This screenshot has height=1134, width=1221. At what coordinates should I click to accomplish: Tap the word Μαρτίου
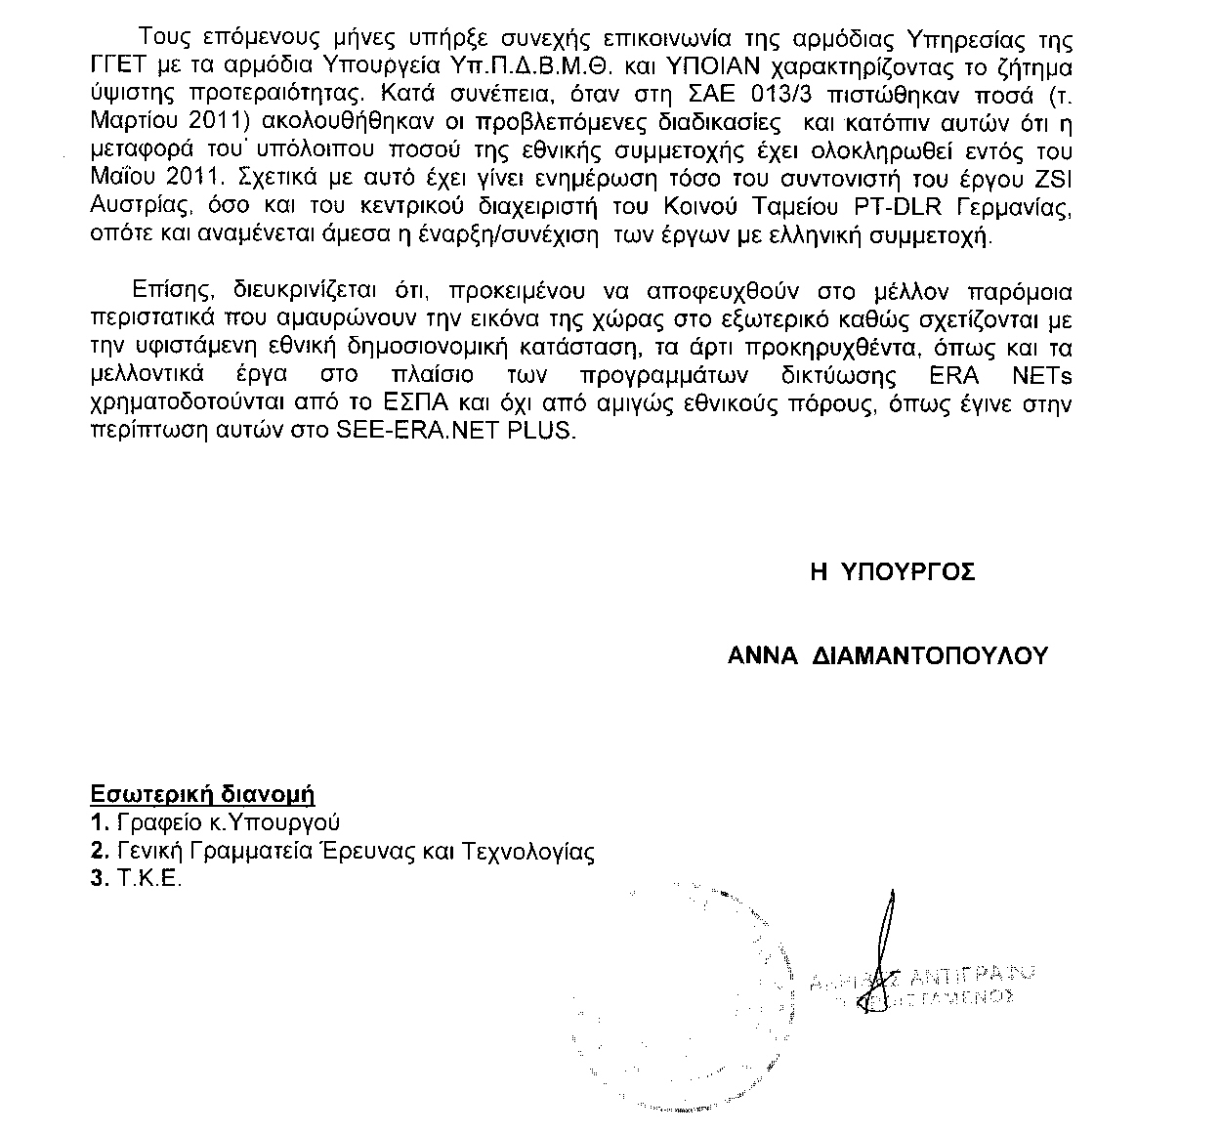(x=131, y=125)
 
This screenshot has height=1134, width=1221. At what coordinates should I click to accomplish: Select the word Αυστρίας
(x=128, y=210)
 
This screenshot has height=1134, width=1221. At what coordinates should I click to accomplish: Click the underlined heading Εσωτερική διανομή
(x=202, y=793)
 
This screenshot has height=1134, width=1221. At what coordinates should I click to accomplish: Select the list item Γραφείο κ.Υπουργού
(x=228, y=822)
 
